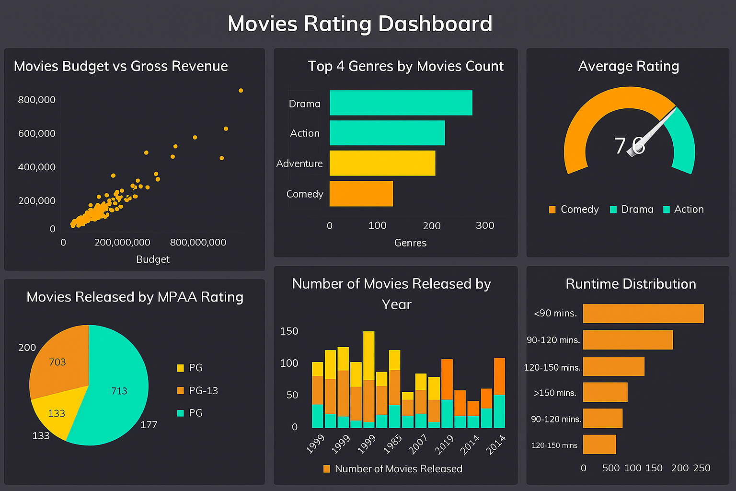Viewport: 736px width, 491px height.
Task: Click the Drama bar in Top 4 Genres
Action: (401, 103)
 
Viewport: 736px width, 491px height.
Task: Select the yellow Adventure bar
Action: (382, 163)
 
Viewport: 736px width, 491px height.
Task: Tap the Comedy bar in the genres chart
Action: (361, 194)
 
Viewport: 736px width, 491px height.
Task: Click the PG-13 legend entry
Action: (197, 390)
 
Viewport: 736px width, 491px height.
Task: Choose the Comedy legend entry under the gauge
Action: (574, 209)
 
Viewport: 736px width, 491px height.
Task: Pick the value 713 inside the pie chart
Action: (119, 391)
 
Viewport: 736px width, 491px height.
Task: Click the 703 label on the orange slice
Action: (57, 362)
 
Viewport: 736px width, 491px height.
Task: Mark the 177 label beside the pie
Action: (149, 424)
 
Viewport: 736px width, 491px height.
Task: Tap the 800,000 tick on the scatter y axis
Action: (36, 100)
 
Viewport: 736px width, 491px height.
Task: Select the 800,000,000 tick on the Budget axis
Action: (198, 242)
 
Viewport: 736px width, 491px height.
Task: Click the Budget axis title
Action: (153, 259)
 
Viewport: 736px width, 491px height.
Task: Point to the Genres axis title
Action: (410, 243)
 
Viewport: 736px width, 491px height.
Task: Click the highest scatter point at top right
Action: (241, 90)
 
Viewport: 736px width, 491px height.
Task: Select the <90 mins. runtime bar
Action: (643, 314)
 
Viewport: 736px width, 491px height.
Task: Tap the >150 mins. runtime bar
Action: (605, 392)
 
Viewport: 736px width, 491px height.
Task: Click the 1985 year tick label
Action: (393, 444)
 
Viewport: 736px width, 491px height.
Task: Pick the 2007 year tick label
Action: (418, 444)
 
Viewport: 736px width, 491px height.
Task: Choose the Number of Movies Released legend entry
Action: (393, 468)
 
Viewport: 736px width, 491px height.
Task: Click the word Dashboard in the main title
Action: (435, 23)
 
